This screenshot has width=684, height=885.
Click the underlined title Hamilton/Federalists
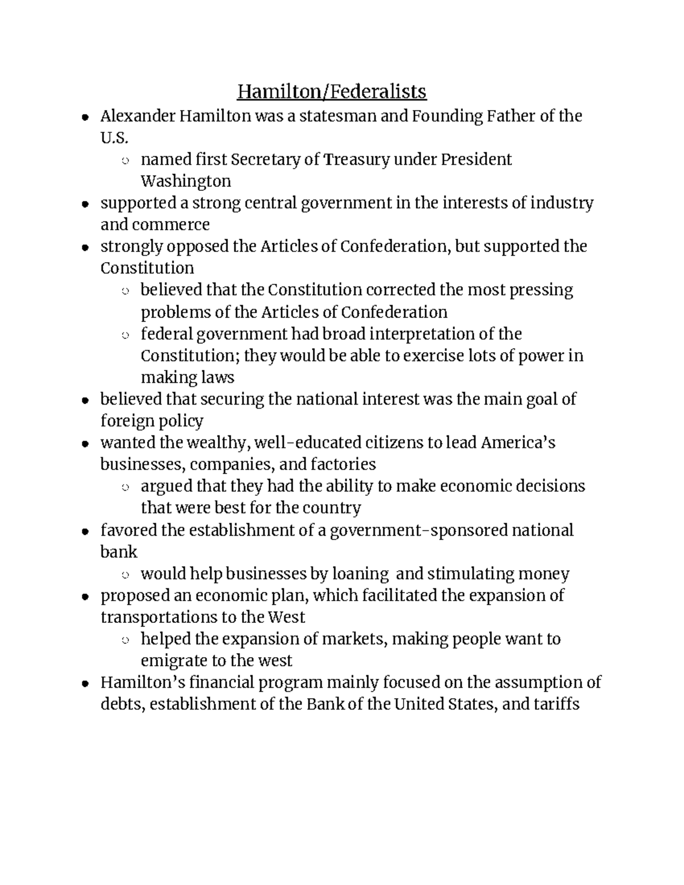pyautogui.click(x=332, y=91)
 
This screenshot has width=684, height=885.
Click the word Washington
pyautogui.click(x=186, y=181)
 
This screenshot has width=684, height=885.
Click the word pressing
pyautogui.click(x=541, y=290)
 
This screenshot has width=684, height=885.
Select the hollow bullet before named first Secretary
pyautogui.click(x=125, y=161)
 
